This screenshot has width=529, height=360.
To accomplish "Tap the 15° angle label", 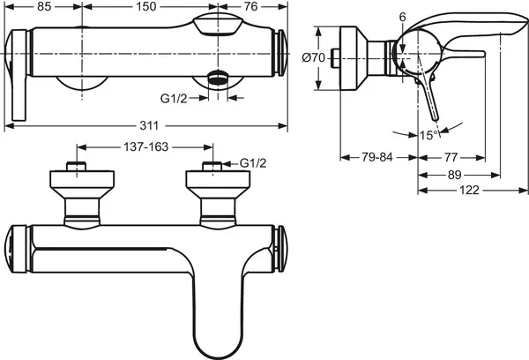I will click(x=428, y=135).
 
